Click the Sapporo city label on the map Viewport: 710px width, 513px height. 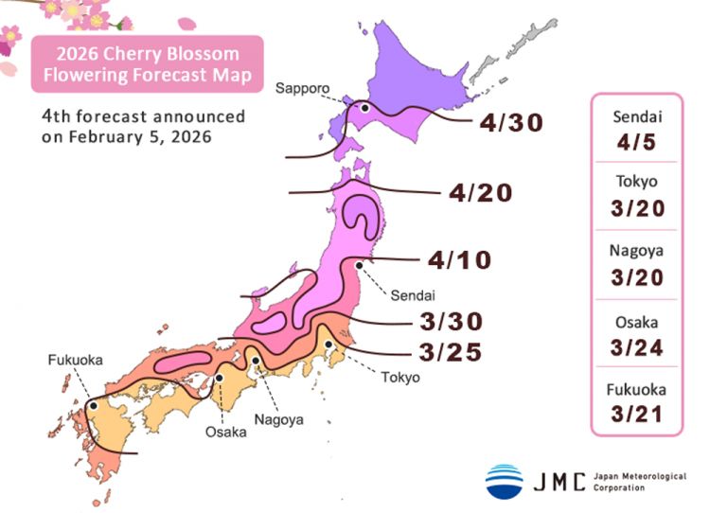pyautogui.click(x=302, y=89)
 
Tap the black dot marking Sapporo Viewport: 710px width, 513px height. pyautogui.click(x=362, y=107)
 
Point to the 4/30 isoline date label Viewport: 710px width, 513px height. pyautogui.click(x=511, y=123)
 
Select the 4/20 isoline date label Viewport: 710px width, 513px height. pyautogui.click(x=481, y=193)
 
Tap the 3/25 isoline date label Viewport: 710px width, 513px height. pyautogui.click(x=451, y=352)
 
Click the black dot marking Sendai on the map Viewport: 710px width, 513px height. pyautogui.click(x=359, y=266)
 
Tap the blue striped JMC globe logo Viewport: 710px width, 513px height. pyautogui.click(x=504, y=481)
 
